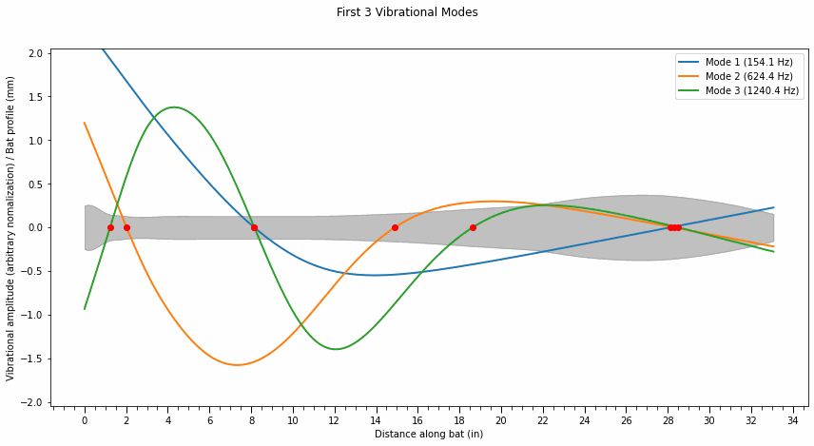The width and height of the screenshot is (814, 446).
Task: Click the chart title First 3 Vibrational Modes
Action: pyautogui.click(x=407, y=13)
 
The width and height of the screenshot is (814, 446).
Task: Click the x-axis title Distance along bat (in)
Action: pyautogui.click(x=429, y=435)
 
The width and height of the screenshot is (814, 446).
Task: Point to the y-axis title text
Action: pyautogui.click(x=11, y=228)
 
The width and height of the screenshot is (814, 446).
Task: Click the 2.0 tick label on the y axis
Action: pyautogui.click(x=34, y=53)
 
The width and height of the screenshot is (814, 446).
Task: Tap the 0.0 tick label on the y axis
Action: pyautogui.click(x=34, y=228)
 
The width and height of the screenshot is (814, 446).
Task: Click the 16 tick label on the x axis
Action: pyautogui.click(x=417, y=419)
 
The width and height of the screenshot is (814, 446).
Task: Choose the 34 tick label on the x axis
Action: pyautogui.click(x=792, y=419)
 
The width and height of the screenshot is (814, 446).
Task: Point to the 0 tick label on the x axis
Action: pyautogui.click(x=85, y=419)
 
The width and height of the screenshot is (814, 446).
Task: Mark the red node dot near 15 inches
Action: pyautogui.click(x=395, y=227)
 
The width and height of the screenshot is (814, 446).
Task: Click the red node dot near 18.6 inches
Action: pyautogui.click(x=473, y=227)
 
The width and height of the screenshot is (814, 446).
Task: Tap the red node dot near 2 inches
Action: pyautogui.click(x=126, y=227)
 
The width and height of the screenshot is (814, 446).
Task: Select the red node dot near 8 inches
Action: pyautogui.click(x=254, y=227)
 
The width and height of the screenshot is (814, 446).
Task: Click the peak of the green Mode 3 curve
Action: pyautogui.click(x=174, y=107)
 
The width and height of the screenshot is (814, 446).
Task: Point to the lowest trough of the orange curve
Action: pyautogui.click(x=236, y=365)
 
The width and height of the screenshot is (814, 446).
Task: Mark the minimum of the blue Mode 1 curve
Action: pyautogui.click(x=376, y=276)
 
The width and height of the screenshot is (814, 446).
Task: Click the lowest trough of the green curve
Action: pyautogui.click(x=336, y=349)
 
